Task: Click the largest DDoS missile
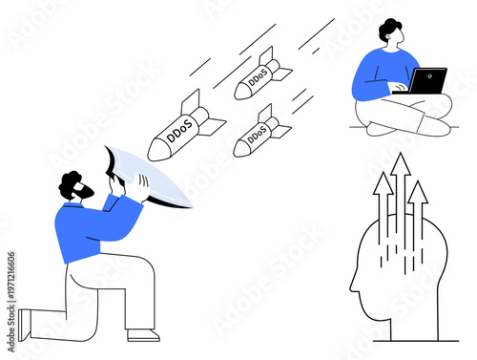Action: [187, 128]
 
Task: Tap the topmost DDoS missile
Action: [260, 76]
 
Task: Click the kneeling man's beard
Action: [85, 194]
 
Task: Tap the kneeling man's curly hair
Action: [70, 182]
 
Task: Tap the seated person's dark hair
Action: [387, 29]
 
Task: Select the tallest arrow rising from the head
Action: [400, 191]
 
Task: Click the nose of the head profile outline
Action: [351, 286]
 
